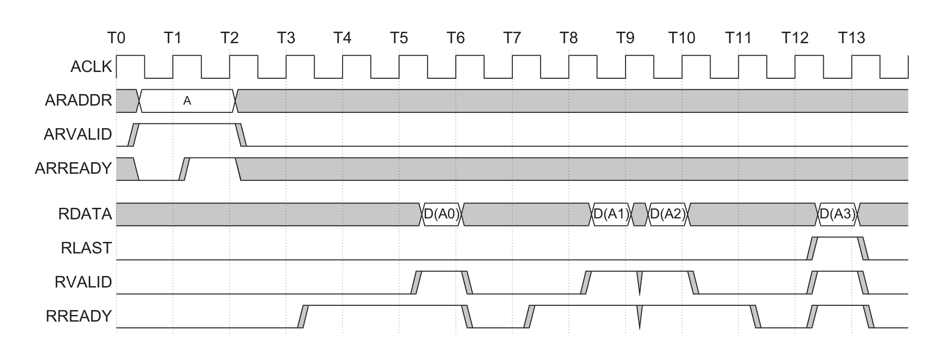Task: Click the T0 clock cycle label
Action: pyautogui.click(x=116, y=37)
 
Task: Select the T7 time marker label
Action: pyautogui.click(x=512, y=37)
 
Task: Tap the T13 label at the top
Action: pyautogui.click(x=852, y=37)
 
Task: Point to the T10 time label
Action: pyautogui.click(x=682, y=37)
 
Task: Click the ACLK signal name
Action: pyautogui.click(x=91, y=67)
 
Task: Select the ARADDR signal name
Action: pyautogui.click(x=78, y=101)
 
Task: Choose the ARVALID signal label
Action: pyautogui.click(x=78, y=134)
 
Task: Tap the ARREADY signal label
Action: pyautogui.click(x=73, y=168)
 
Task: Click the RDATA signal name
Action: pyautogui.click(x=85, y=214)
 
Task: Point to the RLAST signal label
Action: pyautogui.click(x=86, y=248)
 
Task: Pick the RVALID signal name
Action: pyautogui.click(x=83, y=282)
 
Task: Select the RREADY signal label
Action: pyautogui.click(x=79, y=316)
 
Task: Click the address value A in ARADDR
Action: pyautogui.click(x=187, y=101)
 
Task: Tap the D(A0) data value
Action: pyautogui.click(x=441, y=214)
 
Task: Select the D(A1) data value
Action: pyautogui.click(x=611, y=214)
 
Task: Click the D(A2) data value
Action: pyautogui.click(x=668, y=214)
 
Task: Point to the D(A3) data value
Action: pyautogui.click(x=838, y=214)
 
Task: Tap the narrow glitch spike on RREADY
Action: pyautogui.click(x=640, y=317)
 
